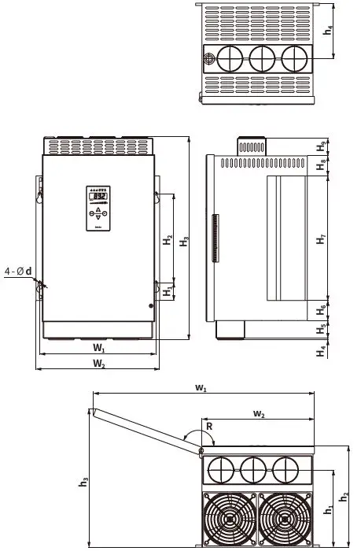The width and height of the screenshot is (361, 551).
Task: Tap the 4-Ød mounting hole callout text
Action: click(17, 272)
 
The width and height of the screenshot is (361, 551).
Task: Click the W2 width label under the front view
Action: click(98, 364)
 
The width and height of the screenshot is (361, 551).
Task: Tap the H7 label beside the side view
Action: click(321, 240)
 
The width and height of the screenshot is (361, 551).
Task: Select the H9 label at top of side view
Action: click(321, 146)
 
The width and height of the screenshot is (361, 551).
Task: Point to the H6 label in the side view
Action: click(321, 308)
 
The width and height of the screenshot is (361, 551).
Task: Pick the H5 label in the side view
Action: click(321, 328)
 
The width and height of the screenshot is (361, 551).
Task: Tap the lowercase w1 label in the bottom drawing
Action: click(201, 388)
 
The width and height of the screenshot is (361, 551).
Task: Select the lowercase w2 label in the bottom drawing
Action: click(259, 413)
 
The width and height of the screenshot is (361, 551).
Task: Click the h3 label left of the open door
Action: click(83, 483)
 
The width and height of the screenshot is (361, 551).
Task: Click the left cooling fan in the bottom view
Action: click(229, 518)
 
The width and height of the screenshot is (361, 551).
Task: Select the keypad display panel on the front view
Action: click(98, 209)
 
